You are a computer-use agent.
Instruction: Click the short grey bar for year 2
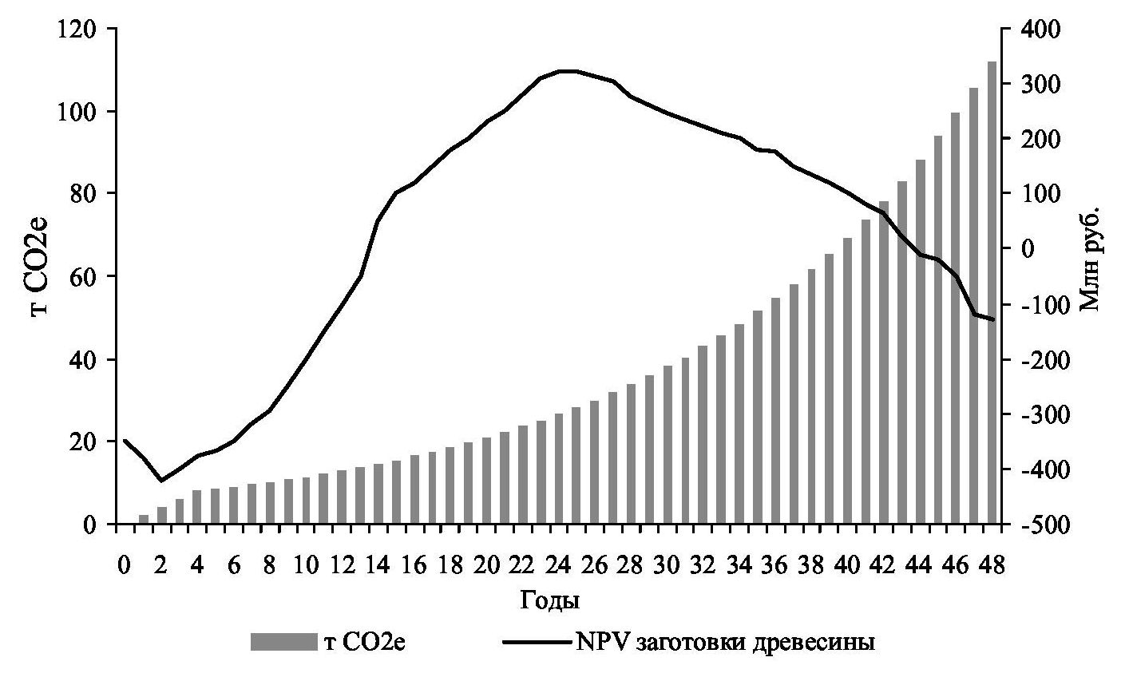[x=161, y=516]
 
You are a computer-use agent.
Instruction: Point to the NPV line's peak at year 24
[x=559, y=71]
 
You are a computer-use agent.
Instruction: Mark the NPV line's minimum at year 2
[x=161, y=481]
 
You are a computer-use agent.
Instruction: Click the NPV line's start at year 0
[x=125, y=441]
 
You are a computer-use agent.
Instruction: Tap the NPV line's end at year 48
[x=992, y=320]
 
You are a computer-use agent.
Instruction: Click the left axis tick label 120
[x=78, y=30]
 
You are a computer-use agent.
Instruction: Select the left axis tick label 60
[x=84, y=277]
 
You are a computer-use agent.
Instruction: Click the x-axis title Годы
[x=549, y=600]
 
